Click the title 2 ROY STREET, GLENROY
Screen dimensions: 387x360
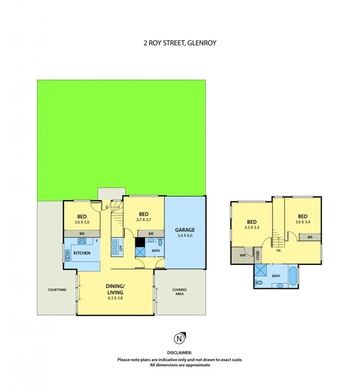tap(180, 43)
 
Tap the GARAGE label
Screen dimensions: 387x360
tap(184, 230)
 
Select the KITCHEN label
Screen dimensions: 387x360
tap(82, 254)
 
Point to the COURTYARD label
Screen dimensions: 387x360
tap(57, 290)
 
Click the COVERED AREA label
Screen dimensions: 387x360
tap(179, 292)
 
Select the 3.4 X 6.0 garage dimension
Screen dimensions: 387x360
tap(184, 236)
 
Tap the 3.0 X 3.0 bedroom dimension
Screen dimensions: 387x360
tap(82, 222)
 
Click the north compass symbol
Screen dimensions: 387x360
tap(179, 339)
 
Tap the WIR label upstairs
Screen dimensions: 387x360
tap(243, 256)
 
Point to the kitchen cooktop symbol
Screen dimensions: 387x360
tap(83, 241)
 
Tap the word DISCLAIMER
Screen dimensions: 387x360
tap(180, 352)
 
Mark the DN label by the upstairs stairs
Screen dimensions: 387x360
tap(278, 250)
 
